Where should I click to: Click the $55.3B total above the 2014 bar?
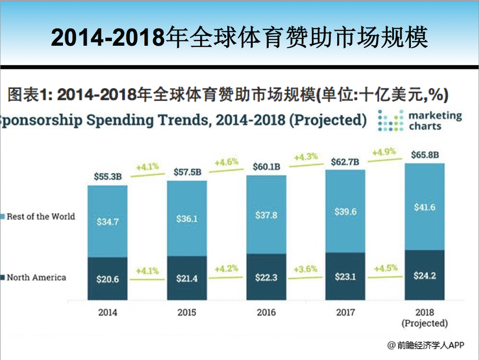coord(107,177)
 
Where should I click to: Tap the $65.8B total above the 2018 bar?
coord(424,155)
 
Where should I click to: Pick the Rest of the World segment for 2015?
coord(187,218)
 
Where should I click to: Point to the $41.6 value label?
coord(424,207)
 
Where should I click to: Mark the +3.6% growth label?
coord(305,269)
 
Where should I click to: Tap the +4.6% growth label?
coord(226,162)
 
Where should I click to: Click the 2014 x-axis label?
coord(107,313)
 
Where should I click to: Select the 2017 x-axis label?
coord(345,313)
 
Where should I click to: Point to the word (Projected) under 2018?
coord(424,323)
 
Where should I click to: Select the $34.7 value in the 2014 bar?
coord(107,221)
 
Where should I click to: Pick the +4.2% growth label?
coord(226,269)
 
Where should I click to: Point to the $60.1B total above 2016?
coord(266,166)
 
